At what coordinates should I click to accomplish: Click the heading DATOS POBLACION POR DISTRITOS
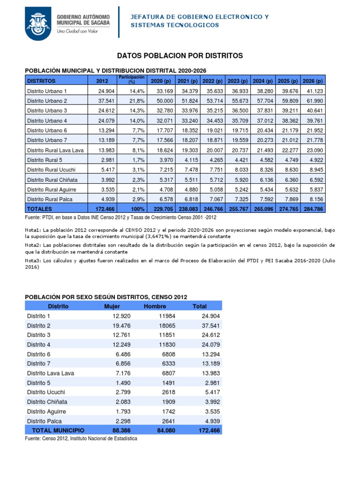pyautogui.click(x=180, y=56)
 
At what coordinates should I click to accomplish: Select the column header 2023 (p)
pyautogui.click(x=238, y=81)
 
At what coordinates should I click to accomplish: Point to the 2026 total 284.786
pyautogui.click(x=313, y=209)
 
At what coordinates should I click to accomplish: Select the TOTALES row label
pyautogui.click(x=40, y=209)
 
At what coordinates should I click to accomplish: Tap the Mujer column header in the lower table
pyautogui.click(x=112, y=306)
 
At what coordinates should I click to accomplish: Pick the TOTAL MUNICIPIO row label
pyautogui.click(x=58, y=430)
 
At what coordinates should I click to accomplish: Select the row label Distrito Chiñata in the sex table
pyautogui.click(x=47, y=402)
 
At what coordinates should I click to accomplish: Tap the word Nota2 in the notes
pyautogui.click(x=34, y=245)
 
